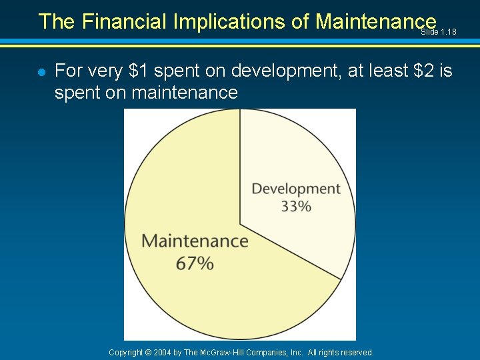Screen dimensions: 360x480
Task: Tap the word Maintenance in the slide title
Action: coord(375,22)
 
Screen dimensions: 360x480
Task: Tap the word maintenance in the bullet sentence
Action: coord(185,92)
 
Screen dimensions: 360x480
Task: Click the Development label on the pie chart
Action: coord(295,189)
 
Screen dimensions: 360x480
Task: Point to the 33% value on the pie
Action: coord(295,207)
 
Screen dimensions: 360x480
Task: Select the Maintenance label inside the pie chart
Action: coord(195,241)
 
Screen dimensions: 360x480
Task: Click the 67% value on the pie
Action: coord(195,263)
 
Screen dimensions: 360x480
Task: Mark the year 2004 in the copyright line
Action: coord(163,352)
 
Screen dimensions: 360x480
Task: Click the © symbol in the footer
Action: coord(148,352)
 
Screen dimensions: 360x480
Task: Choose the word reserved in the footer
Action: coord(357,352)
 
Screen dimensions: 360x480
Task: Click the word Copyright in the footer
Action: coord(126,352)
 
